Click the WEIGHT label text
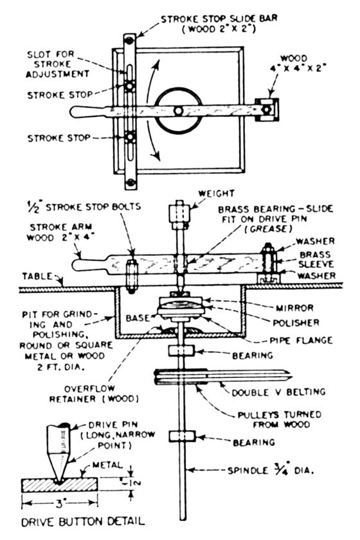coord(217,194)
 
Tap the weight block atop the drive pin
coord(180,214)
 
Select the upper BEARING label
coord(253,355)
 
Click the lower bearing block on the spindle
coord(182,437)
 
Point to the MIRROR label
coord(294,308)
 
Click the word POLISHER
coord(296,323)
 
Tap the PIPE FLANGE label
coord(301,341)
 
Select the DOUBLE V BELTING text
coord(278,392)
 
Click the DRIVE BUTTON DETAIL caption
coord(83,522)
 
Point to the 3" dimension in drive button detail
coord(60,504)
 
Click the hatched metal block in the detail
coord(60,485)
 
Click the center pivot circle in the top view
coord(178,111)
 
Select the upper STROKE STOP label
coord(60,94)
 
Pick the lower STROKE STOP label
coord(59,138)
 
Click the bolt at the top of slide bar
coord(130,40)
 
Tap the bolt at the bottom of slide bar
coord(130,182)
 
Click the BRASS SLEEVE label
coord(316,259)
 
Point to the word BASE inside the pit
coord(138,318)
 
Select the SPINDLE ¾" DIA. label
coord(271,469)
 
